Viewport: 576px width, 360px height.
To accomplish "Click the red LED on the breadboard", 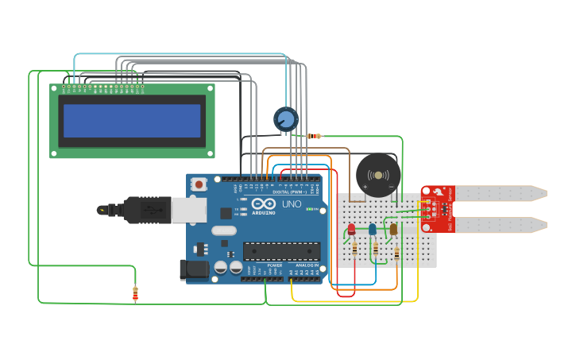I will point(351,229).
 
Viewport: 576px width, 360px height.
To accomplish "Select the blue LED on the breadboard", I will point(372,229).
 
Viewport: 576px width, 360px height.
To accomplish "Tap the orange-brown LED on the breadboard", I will point(393,229).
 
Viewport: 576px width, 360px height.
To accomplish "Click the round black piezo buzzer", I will point(377,176).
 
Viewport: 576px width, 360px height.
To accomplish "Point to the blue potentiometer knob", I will point(285,119).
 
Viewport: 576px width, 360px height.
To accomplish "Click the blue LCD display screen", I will point(132,121).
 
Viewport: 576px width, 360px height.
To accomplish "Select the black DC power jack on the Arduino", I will point(194,270).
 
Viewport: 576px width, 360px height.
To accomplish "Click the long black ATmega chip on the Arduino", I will point(282,251).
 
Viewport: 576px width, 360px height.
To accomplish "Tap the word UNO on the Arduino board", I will point(292,204).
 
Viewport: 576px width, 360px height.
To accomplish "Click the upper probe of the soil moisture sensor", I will point(501,192).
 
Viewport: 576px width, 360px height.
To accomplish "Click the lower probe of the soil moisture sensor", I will point(501,225).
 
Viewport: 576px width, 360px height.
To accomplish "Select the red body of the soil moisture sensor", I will point(437,209).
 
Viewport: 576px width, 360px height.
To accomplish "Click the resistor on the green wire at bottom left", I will point(135,294).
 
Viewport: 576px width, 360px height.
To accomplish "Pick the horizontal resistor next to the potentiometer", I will point(314,136).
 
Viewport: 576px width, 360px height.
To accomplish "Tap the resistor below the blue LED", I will point(375,250).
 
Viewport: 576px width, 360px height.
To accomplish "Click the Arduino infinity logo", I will point(263,204).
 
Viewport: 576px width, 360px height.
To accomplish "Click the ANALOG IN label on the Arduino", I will point(307,265).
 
